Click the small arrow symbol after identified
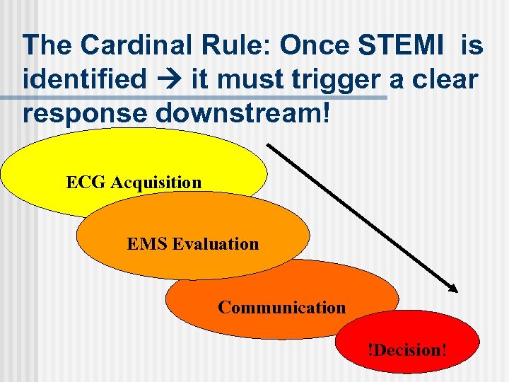(x=168, y=80)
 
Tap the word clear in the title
(x=443, y=80)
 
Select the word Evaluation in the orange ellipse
(x=216, y=244)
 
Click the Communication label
(x=282, y=307)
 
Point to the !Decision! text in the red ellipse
(x=406, y=349)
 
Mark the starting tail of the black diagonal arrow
(x=269, y=145)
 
